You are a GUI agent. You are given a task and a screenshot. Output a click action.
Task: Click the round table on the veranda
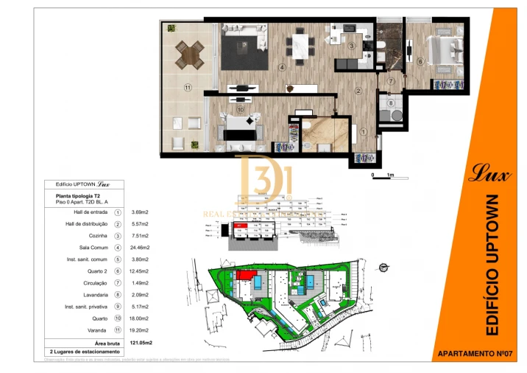tap(191, 53)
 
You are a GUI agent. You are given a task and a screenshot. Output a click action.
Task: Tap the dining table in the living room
tap(299, 41)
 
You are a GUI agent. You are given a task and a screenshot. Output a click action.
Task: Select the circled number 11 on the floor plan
tap(188, 88)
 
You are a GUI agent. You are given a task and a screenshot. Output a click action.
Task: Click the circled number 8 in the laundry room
tap(391, 103)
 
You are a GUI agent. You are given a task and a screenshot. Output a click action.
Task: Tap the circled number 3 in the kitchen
tap(352, 46)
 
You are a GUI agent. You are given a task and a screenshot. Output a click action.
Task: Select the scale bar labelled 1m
tap(383, 175)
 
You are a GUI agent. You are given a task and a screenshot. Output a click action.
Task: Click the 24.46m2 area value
tap(140, 248)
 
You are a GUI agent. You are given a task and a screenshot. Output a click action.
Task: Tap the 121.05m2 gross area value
tap(141, 343)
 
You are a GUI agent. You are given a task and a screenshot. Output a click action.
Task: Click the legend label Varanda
tap(98, 331)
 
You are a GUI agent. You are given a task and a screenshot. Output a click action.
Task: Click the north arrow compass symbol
tap(382, 266)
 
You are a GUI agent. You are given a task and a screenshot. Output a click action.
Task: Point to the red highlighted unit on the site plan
tap(244, 275)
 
